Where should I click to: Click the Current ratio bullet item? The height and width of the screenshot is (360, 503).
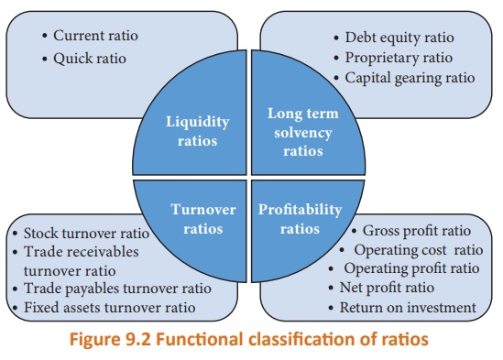(95, 37)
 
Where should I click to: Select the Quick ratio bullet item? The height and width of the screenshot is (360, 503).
(90, 59)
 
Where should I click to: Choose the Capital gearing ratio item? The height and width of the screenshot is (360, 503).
(410, 77)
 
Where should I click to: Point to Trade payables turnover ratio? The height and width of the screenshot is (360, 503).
(125, 289)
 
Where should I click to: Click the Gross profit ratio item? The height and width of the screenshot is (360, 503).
(415, 231)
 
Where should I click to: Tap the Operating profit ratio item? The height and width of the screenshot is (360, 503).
(411, 268)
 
